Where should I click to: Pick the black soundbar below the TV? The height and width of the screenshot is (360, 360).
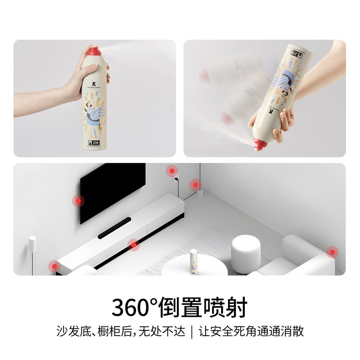[x=114, y=228]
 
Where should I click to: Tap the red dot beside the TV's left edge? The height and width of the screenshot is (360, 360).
[x=78, y=201]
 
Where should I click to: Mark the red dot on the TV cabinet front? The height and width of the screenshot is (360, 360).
[x=133, y=245]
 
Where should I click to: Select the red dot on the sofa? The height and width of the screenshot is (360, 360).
[x=332, y=252]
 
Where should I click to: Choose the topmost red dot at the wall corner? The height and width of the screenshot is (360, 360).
[x=171, y=171]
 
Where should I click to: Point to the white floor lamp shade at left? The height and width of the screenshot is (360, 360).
[x=32, y=245]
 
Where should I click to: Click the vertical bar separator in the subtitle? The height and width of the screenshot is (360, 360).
[x=193, y=332]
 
